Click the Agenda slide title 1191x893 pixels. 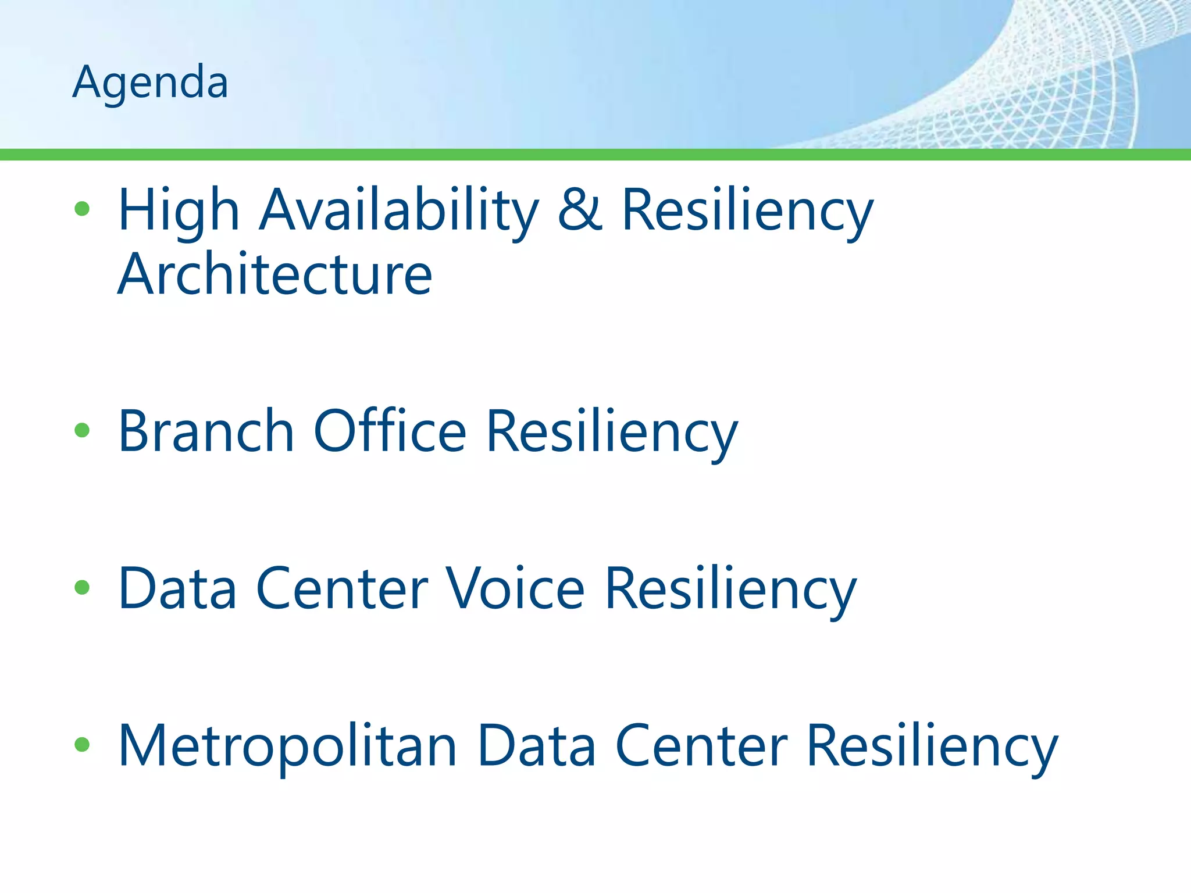tap(150, 83)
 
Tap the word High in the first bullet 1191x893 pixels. tap(179, 210)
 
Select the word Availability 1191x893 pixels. tap(399, 210)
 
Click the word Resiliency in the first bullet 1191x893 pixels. tap(747, 210)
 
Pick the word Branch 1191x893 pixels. tap(206, 431)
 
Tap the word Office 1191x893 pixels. tap(390, 431)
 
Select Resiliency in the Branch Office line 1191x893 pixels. tap(611, 432)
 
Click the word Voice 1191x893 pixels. tap(514, 588)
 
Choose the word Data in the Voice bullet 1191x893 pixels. tap(177, 588)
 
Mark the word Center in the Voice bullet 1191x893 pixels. tap(342, 588)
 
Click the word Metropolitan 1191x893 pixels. tap(287, 746)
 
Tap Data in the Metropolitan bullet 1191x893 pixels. tap(536, 746)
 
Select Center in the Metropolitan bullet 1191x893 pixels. tap(701, 746)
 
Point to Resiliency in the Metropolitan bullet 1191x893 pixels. tap(932, 746)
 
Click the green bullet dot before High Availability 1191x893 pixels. tap(82, 209)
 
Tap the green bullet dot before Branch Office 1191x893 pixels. tap(82, 430)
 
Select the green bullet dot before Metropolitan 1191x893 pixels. tap(82, 745)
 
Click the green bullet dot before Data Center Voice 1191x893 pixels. tap(82, 588)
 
